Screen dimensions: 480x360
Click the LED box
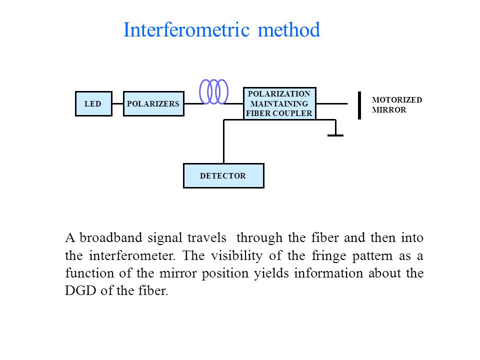[x=93, y=104]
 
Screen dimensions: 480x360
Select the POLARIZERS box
[x=153, y=104]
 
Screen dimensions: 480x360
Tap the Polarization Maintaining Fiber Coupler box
[x=279, y=103]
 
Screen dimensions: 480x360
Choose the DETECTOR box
[x=223, y=175]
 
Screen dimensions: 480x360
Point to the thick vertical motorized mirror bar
[x=359, y=105]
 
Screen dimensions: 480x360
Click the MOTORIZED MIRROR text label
[x=396, y=104]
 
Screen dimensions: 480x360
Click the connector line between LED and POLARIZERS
[x=117, y=104]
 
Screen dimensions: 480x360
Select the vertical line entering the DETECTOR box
[x=224, y=141]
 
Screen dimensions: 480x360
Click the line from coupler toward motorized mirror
[x=332, y=104]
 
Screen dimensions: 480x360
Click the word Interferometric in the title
[x=186, y=29]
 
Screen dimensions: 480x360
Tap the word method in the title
[x=288, y=29]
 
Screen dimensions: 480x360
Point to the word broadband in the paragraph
[x=111, y=237]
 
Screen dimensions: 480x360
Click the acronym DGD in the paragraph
[x=80, y=290]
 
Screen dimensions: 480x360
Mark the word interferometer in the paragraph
[x=132, y=255]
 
